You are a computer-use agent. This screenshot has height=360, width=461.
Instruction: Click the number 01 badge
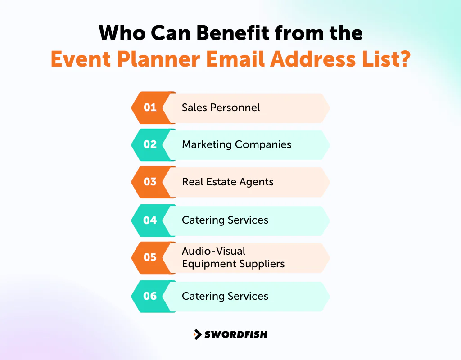[150, 108]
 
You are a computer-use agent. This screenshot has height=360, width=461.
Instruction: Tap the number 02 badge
[150, 144]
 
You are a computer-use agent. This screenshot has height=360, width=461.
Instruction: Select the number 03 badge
[150, 182]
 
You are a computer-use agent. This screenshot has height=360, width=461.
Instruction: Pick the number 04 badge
[150, 220]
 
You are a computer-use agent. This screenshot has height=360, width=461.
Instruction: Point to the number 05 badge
[150, 257]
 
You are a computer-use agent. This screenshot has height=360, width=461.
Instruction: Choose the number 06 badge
[150, 296]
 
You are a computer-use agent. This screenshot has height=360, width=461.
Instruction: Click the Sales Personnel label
[221, 108]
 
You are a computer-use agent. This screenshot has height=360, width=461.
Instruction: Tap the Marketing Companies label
[236, 144]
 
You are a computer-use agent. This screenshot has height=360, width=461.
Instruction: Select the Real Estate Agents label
[227, 182]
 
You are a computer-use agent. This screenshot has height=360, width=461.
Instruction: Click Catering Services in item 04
[225, 220]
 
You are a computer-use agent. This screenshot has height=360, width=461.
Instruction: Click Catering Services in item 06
[225, 296]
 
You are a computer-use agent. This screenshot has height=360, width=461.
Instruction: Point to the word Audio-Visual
[213, 251]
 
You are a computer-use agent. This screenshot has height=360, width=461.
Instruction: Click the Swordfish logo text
[236, 334]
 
